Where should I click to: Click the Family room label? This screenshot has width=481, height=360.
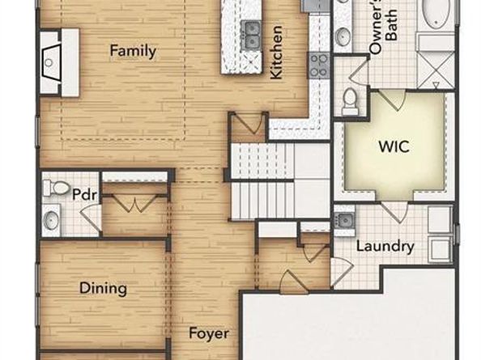[x=133, y=51]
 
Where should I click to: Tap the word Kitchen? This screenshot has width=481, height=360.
[x=276, y=53]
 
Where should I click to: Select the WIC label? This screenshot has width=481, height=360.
[x=394, y=146]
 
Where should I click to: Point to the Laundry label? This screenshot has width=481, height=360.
[x=385, y=247]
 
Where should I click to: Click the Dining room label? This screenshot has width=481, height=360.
[x=103, y=288]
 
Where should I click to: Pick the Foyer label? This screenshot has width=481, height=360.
[x=209, y=333]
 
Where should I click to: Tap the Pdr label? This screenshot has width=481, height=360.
[x=85, y=194]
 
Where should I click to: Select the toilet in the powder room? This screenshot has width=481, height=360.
[x=56, y=188]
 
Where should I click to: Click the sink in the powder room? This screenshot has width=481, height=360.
[x=51, y=219]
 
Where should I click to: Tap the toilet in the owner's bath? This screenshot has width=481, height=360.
[x=350, y=99]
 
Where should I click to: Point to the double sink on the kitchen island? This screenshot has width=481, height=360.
[x=252, y=35]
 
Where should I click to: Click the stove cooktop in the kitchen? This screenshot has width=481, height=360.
[x=318, y=66]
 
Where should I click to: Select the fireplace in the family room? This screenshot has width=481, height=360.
[x=59, y=62]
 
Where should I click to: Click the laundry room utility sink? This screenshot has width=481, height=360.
[x=344, y=220]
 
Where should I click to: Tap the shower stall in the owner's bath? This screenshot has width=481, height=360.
[x=436, y=70]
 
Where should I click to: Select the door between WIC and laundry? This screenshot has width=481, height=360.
[x=395, y=211]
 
